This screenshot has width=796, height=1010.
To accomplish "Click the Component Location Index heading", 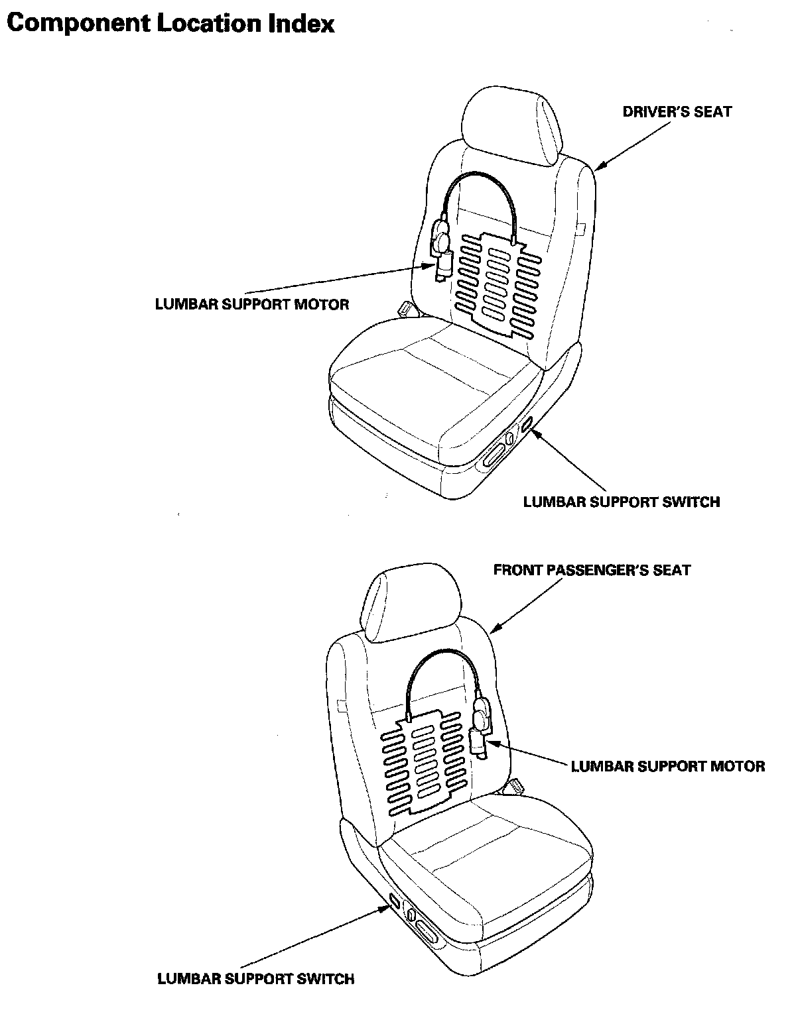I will tap(170, 24).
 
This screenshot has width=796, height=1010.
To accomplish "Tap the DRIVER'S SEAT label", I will tap(677, 111).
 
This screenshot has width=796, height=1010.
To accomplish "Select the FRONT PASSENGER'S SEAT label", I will tap(592, 570).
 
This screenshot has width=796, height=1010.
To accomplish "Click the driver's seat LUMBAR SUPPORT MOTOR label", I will tap(252, 304).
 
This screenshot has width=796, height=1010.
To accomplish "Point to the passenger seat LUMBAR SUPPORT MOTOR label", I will tap(668, 766).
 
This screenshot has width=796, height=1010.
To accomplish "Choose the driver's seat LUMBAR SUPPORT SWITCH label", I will tap(622, 502).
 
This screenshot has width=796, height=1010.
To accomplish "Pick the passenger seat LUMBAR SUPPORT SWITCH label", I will tap(256, 978).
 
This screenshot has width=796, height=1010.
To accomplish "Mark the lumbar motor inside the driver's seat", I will tap(442, 252).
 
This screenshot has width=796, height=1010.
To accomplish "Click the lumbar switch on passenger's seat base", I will tap(395, 901).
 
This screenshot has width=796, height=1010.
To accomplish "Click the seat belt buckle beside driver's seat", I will tap(404, 309).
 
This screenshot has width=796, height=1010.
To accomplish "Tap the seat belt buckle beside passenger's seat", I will tap(516, 786).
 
